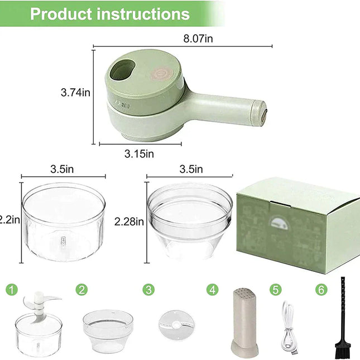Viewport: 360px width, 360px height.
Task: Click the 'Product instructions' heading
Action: click(x=109, y=13)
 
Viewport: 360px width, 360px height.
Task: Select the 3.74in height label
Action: click(x=75, y=92)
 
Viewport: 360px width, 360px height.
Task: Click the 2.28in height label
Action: click(x=128, y=221)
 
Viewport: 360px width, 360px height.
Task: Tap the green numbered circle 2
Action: click(x=82, y=290)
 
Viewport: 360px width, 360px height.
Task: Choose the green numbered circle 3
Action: click(x=148, y=290)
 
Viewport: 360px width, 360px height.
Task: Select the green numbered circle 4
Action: click(x=213, y=290)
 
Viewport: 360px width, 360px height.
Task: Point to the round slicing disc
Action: click(x=171, y=323)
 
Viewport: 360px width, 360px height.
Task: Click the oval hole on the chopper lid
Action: click(x=122, y=70)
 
